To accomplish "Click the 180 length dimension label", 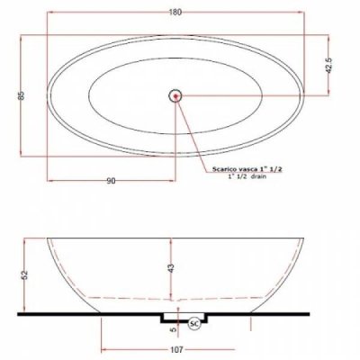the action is pyautogui.click(x=175, y=13).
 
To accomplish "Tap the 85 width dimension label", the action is pyautogui.click(x=22, y=95).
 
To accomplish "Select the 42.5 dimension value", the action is pyautogui.click(x=328, y=66).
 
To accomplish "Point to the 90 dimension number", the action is pyautogui.click(x=111, y=181).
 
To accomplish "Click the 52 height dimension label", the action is pyautogui.click(x=25, y=275).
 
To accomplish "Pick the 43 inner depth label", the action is pyautogui.click(x=171, y=268).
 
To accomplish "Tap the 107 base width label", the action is pyautogui.click(x=177, y=349).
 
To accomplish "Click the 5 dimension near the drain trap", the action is pyautogui.click(x=173, y=329).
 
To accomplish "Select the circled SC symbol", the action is pyautogui.click(x=194, y=324).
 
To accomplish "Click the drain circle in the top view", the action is pyautogui.click(x=175, y=96).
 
